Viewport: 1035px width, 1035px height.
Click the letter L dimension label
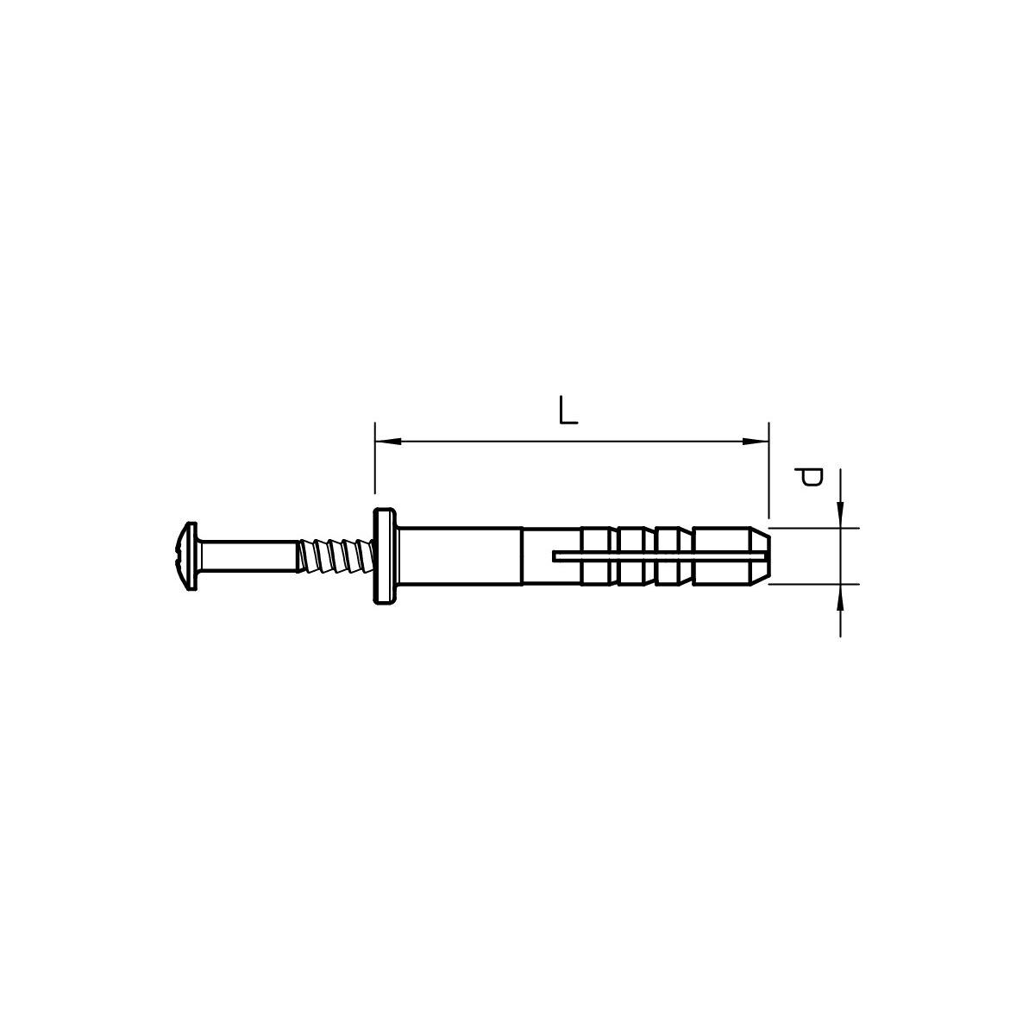click(568, 411)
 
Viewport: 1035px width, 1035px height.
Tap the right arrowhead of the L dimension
click(756, 442)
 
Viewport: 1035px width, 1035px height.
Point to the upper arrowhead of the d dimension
click(841, 515)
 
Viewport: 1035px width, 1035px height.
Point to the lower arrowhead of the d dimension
click(841, 597)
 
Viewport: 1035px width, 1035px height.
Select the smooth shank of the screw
click(247, 556)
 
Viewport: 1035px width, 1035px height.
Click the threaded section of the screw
click(335, 556)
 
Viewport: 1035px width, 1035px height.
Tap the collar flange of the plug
click(385, 556)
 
